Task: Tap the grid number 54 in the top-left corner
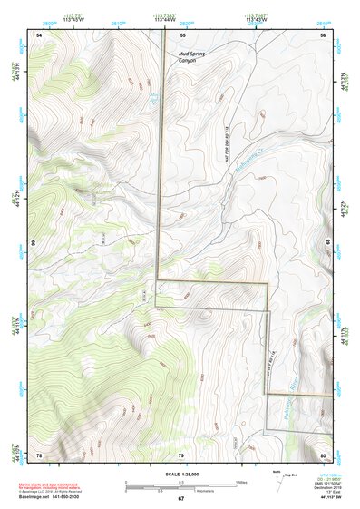[x=39, y=34]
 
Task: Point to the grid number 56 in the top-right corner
[x=324, y=34]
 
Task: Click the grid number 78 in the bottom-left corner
[x=39, y=454]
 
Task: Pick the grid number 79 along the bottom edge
[x=180, y=454]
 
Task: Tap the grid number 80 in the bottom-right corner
[x=323, y=454]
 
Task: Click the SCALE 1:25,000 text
[x=180, y=475]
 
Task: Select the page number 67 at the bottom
[x=180, y=499]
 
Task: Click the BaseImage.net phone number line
[x=51, y=496]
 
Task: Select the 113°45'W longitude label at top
[x=74, y=19]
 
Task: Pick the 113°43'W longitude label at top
[x=257, y=19]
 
